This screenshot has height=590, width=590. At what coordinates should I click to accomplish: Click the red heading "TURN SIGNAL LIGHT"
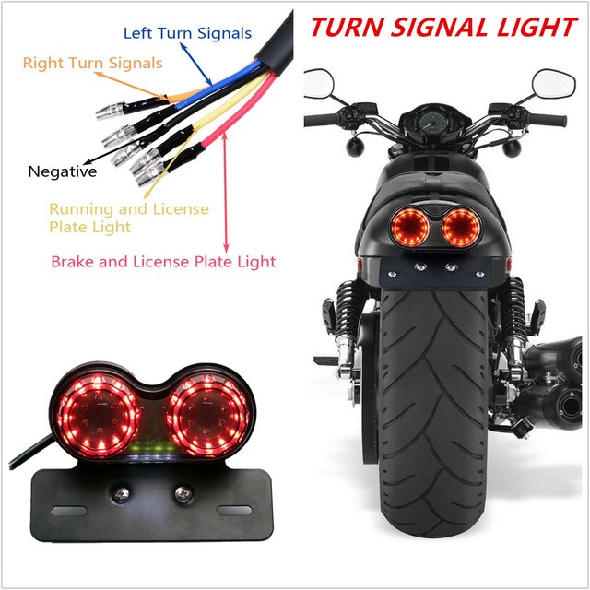click(442, 26)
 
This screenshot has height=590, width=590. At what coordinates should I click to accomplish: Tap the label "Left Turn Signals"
click(187, 33)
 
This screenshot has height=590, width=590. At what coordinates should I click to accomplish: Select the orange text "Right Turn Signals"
click(92, 64)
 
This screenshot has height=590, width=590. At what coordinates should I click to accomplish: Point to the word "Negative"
click(62, 171)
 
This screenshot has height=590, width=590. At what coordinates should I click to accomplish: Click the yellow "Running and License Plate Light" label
click(128, 218)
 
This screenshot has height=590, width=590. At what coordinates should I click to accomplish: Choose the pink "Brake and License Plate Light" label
click(163, 262)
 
